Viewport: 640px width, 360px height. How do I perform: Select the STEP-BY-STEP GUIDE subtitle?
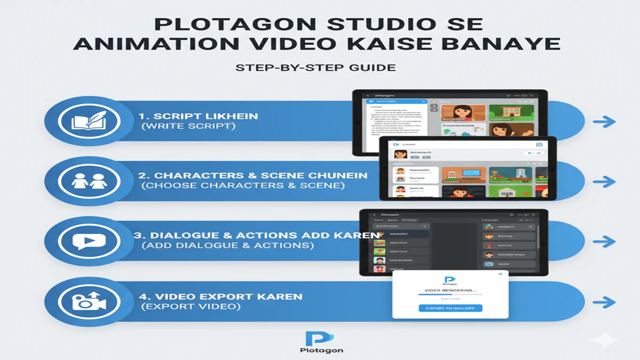pos(316,68)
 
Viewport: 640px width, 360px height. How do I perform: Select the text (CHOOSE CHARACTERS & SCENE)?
pos(243,186)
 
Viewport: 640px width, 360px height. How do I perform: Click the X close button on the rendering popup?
pos(500,274)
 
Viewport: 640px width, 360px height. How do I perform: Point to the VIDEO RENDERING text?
pos(451,290)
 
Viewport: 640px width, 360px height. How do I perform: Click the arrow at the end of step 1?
pos(604,122)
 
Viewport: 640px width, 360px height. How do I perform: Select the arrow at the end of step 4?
pos(604,303)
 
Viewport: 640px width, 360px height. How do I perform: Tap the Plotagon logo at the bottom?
pos(319,338)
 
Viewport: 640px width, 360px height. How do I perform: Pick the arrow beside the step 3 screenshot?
pos(604,242)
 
